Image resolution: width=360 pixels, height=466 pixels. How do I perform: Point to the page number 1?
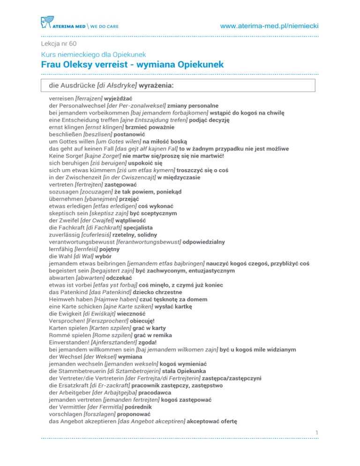[x=316, y=444]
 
